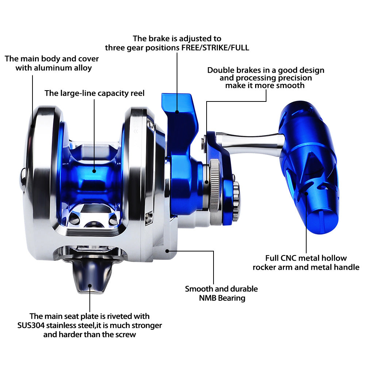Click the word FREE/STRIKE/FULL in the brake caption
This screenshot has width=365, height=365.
coord(215,48)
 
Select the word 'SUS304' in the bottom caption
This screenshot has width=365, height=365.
coord(31,326)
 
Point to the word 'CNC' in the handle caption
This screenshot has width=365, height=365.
coord(289,258)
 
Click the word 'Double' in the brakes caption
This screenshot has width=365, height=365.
coord(221,70)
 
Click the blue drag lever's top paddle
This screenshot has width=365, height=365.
coord(178,104)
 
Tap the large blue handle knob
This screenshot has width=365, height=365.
coord(308,168)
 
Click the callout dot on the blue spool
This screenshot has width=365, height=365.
coord(94,171)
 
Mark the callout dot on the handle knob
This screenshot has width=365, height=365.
coord(306,193)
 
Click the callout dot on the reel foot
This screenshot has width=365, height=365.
coord(90,286)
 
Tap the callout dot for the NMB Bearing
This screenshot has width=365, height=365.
coord(167,251)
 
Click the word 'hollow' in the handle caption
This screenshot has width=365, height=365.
coord(334,258)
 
